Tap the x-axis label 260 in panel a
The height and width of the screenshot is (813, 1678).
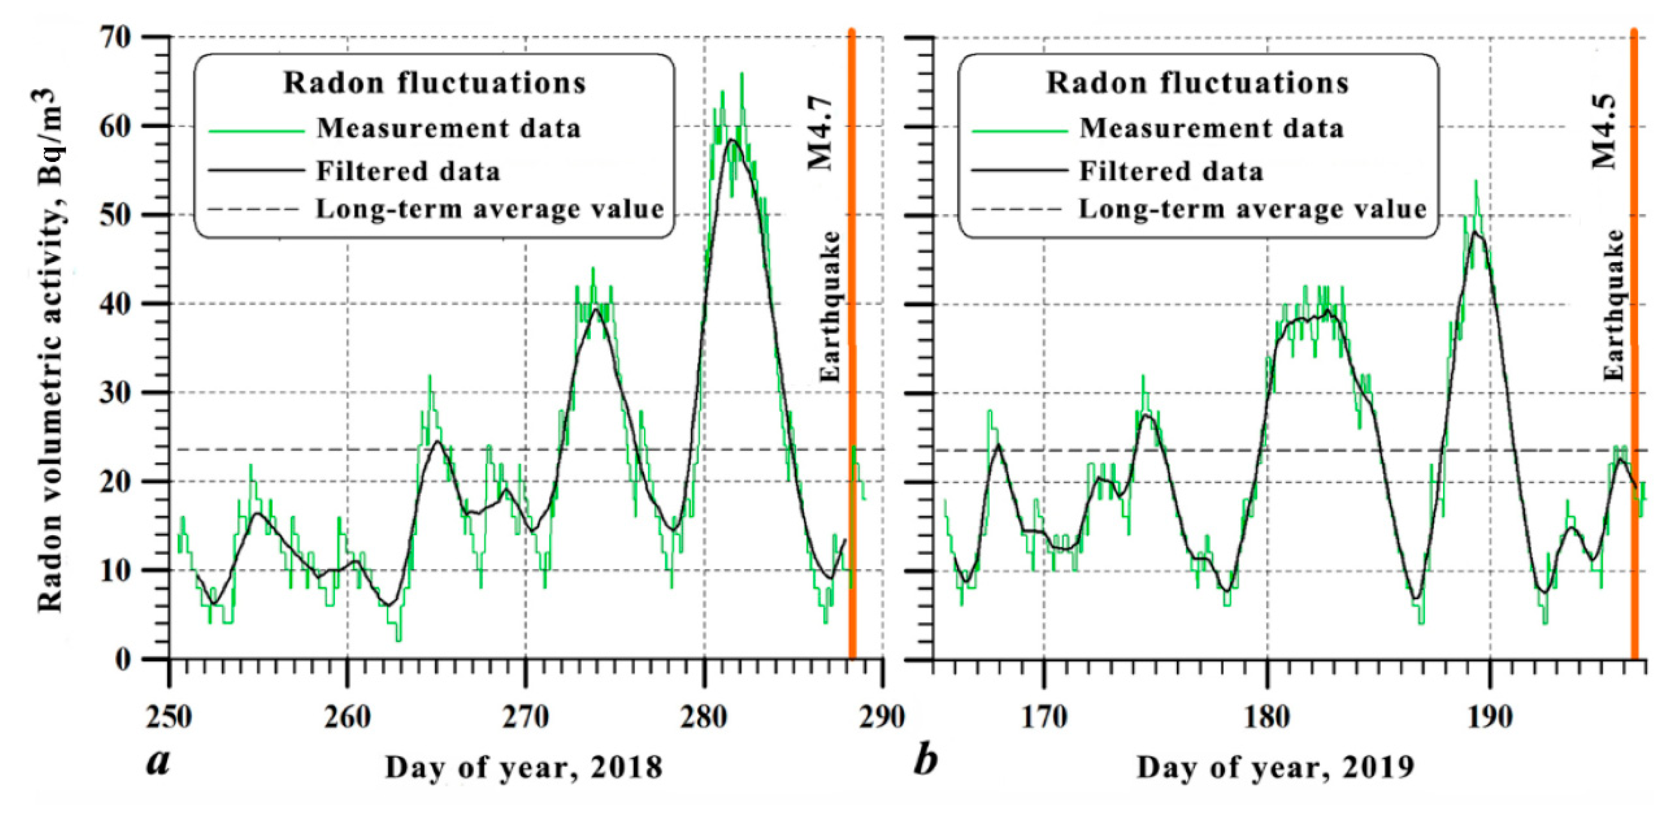[x=348, y=718]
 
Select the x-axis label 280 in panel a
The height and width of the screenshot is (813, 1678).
[x=704, y=718]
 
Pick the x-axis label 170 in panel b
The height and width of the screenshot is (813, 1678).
[x=1044, y=718]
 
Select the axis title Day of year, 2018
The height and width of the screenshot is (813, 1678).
[x=524, y=767]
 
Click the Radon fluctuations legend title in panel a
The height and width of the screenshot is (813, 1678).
[x=435, y=83]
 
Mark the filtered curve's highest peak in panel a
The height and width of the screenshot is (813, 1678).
[x=732, y=140]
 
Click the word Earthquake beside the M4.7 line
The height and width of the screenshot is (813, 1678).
[x=830, y=306]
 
